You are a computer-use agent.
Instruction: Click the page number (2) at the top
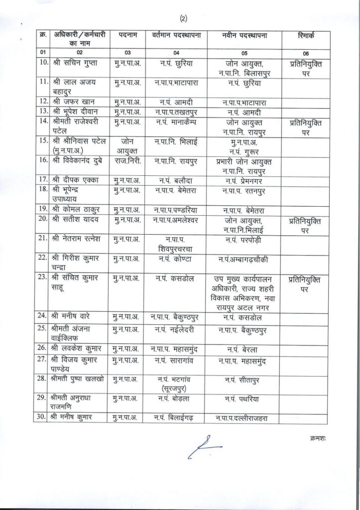[183, 19]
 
